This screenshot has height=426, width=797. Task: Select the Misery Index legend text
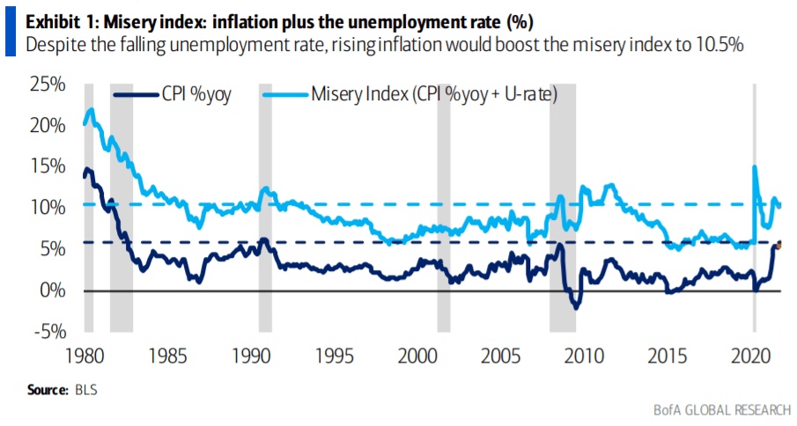point(432,93)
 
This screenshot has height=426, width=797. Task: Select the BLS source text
point(86,389)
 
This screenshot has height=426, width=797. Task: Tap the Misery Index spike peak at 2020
point(755,166)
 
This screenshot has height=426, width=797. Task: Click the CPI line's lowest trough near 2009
point(576,307)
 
